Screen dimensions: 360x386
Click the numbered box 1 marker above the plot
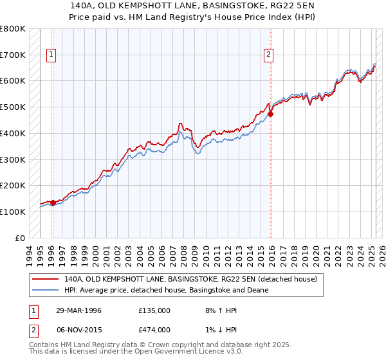(x=51, y=55)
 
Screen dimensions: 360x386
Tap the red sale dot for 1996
(x=53, y=203)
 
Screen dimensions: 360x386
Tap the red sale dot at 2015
(x=271, y=114)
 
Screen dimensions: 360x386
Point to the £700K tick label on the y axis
(x=13, y=55)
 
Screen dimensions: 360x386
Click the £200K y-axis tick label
(x=13, y=185)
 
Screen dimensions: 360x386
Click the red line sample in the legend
(x=45, y=280)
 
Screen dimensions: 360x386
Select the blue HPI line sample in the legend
(x=45, y=291)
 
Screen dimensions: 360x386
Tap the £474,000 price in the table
(x=154, y=330)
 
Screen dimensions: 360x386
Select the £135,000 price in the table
(x=154, y=310)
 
